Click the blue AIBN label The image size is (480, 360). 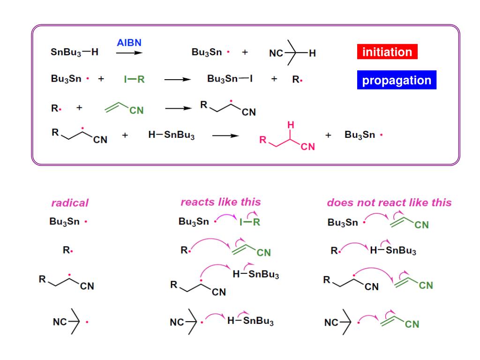129,43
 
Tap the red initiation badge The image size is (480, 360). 387,52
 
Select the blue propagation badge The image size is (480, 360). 397,80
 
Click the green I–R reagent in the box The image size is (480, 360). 135,79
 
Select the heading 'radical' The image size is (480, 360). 70,203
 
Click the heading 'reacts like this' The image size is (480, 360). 220,202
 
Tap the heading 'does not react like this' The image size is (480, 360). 389,202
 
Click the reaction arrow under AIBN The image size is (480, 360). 129,53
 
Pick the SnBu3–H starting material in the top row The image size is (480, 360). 75,52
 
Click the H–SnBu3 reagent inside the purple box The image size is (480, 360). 171,136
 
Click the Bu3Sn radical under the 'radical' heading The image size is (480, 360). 68,222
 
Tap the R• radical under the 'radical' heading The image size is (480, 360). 68,251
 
